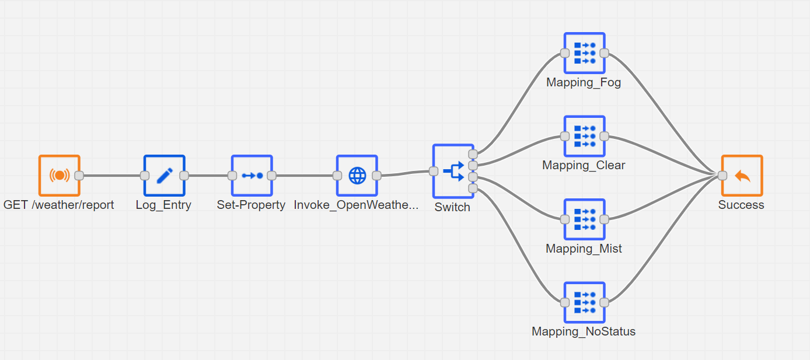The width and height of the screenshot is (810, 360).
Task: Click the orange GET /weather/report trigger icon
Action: [x=60, y=176]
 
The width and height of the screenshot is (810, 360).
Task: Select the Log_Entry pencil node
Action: [x=164, y=176]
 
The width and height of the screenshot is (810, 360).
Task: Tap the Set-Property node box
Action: [x=252, y=176]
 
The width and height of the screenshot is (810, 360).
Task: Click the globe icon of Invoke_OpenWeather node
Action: [x=357, y=176]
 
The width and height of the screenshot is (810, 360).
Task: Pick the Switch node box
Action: [x=453, y=172]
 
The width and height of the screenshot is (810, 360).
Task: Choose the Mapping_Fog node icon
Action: [x=584, y=53]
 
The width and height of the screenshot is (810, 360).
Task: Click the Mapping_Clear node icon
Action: [x=584, y=137]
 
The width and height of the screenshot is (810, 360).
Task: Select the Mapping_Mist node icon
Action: [x=584, y=219]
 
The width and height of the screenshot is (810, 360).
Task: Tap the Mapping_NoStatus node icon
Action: [x=584, y=303]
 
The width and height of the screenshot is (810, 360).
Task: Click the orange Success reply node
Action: [x=742, y=176]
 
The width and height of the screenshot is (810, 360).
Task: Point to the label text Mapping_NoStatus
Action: [x=583, y=331]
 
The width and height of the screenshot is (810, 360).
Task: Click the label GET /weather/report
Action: [x=58, y=205]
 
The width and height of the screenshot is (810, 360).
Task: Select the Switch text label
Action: [x=452, y=207]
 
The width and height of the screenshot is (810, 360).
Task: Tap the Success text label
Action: [x=741, y=205]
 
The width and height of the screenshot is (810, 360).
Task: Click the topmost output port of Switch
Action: [x=473, y=154]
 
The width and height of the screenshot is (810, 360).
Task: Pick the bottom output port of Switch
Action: [x=473, y=188]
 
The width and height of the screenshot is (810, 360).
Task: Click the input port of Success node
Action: [x=722, y=176]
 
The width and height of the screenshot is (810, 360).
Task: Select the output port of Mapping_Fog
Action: [x=604, y=53]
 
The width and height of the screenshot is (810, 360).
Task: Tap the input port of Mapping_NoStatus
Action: [x=565, y=303]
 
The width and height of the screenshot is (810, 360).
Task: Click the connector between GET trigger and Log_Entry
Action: [x=111, y=176]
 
